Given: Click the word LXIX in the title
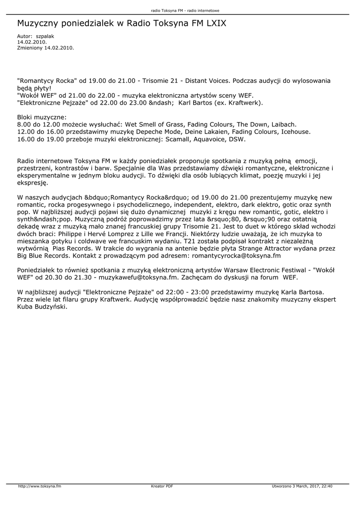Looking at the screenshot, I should pos(214,23).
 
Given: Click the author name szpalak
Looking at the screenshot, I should pos(45,36).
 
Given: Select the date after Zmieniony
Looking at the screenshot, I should pos(60,48).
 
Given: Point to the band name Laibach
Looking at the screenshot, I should pos(285,124).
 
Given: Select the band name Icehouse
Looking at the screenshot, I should pos(296,131).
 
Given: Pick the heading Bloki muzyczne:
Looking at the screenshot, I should pos(38,117).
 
